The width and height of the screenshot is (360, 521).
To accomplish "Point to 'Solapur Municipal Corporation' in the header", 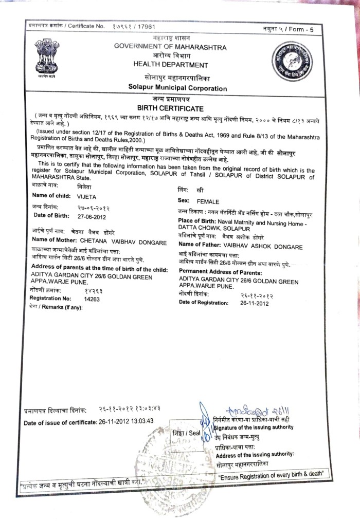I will [177, 88].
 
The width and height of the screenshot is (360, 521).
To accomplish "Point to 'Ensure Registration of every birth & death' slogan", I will [273, 477].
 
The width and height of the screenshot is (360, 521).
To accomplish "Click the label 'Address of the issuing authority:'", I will [255, 455].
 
